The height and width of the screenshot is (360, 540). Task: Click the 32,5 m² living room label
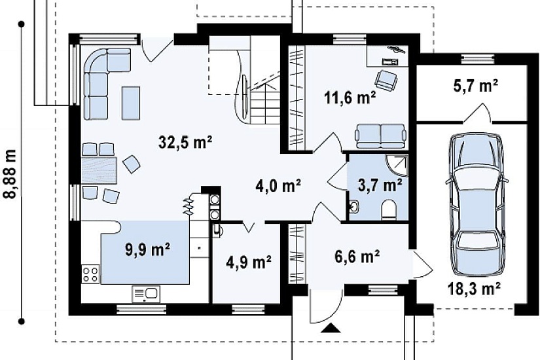coord(185,141)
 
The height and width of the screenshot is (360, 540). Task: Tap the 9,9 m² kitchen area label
coord(147,250)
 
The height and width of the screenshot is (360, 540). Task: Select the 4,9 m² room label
coord(249,262)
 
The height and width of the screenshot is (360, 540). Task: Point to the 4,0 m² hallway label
coord(278,186)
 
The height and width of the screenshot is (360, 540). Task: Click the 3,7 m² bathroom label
coord(380,185)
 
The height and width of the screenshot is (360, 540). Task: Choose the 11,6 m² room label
coord(350,99)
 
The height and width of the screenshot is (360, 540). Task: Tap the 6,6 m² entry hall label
coord(357,257)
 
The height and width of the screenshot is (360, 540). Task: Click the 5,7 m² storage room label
coord(476,86)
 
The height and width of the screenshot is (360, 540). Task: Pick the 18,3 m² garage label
coord(474,289)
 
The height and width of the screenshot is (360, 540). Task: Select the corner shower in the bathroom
coord(397,166)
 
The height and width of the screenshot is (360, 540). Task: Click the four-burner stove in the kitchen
coord(90,274)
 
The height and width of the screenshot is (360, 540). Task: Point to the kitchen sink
coord(146,294)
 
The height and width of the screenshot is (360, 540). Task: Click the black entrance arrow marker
coord(331,328)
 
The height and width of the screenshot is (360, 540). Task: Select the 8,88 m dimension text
coord(10,174)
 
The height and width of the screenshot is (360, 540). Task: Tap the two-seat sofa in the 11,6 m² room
coord(381,136)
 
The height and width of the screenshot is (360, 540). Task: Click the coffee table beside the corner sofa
coord(131,103)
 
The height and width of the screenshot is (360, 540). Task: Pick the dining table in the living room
coord(99,170)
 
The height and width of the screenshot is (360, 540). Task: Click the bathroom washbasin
coord(354,207)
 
